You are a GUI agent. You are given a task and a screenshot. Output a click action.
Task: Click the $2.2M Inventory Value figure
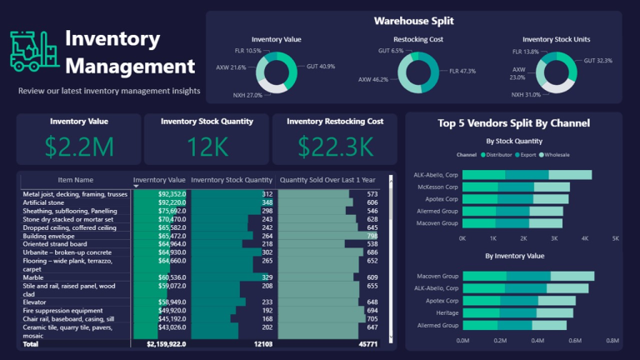(x=79, y=147)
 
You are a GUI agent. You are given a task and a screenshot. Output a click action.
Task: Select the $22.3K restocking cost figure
(x=335, y=147)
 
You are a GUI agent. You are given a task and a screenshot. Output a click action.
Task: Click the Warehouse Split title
(x=413, y=21)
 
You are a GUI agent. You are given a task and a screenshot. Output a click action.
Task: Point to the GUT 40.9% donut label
(x=321, y=65)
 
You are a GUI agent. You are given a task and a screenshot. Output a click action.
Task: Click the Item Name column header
(x=75, y=180)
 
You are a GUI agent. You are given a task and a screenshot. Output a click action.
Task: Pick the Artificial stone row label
(x=46, y=202)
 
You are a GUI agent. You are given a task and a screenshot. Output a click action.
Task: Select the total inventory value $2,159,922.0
(x=166, y=343)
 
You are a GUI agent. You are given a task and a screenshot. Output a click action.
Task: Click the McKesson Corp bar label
(x=436, y=187)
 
